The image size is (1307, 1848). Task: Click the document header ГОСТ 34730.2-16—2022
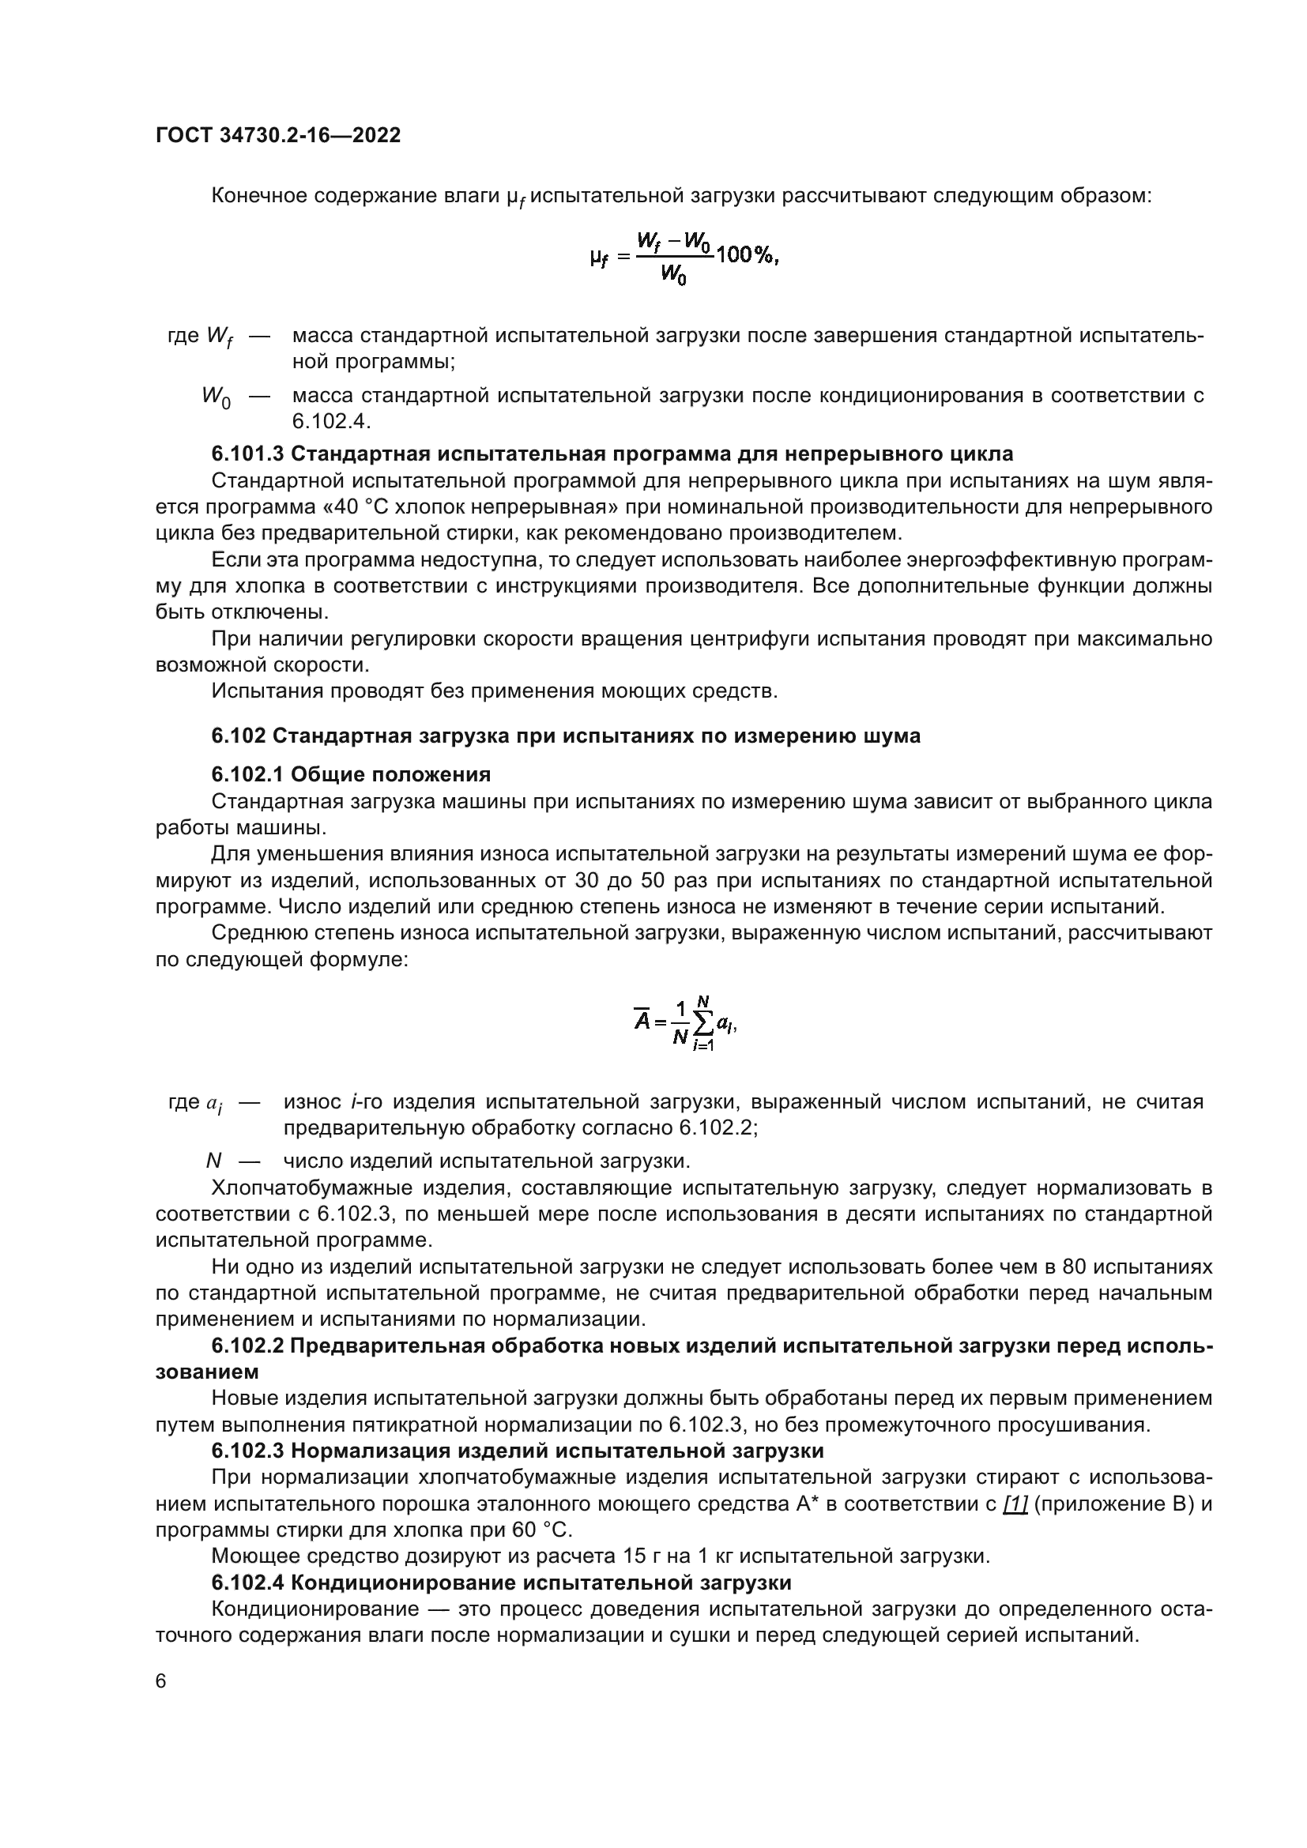tap(277, 135)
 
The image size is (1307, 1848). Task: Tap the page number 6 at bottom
tap(161, 1681)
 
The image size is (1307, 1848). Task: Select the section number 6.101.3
tap(247, 454)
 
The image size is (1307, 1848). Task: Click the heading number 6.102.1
tap(247, 774)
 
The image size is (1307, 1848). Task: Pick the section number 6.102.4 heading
tap(247, 1583)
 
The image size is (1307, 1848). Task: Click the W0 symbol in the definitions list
tap(216, 397)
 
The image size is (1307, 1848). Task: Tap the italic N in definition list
tap(213, 1161)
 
